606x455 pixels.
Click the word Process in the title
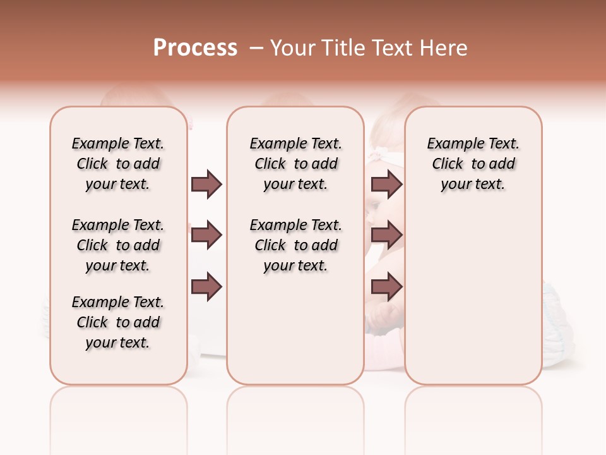pos(195,47)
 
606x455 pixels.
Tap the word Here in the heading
pos(445,48)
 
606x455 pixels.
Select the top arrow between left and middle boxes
pos(206,184)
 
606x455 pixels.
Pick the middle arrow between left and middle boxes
pos(206,235)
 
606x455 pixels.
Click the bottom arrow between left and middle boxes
pos(206,286)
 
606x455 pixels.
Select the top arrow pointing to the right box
pos(386,184)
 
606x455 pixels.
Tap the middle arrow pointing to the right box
pos(386,235)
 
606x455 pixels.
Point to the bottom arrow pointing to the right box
pos(386,286)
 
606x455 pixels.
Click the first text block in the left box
pos(118,164)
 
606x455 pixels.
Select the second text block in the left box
pos(118,245)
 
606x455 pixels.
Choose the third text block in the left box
pos(118,322)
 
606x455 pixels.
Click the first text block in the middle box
pos(296,164)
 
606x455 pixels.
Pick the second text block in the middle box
pos(296,245)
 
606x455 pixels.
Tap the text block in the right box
pos(473,164)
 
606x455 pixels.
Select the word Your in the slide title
pos(293,48)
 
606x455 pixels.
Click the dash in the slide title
pos(256,48)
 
